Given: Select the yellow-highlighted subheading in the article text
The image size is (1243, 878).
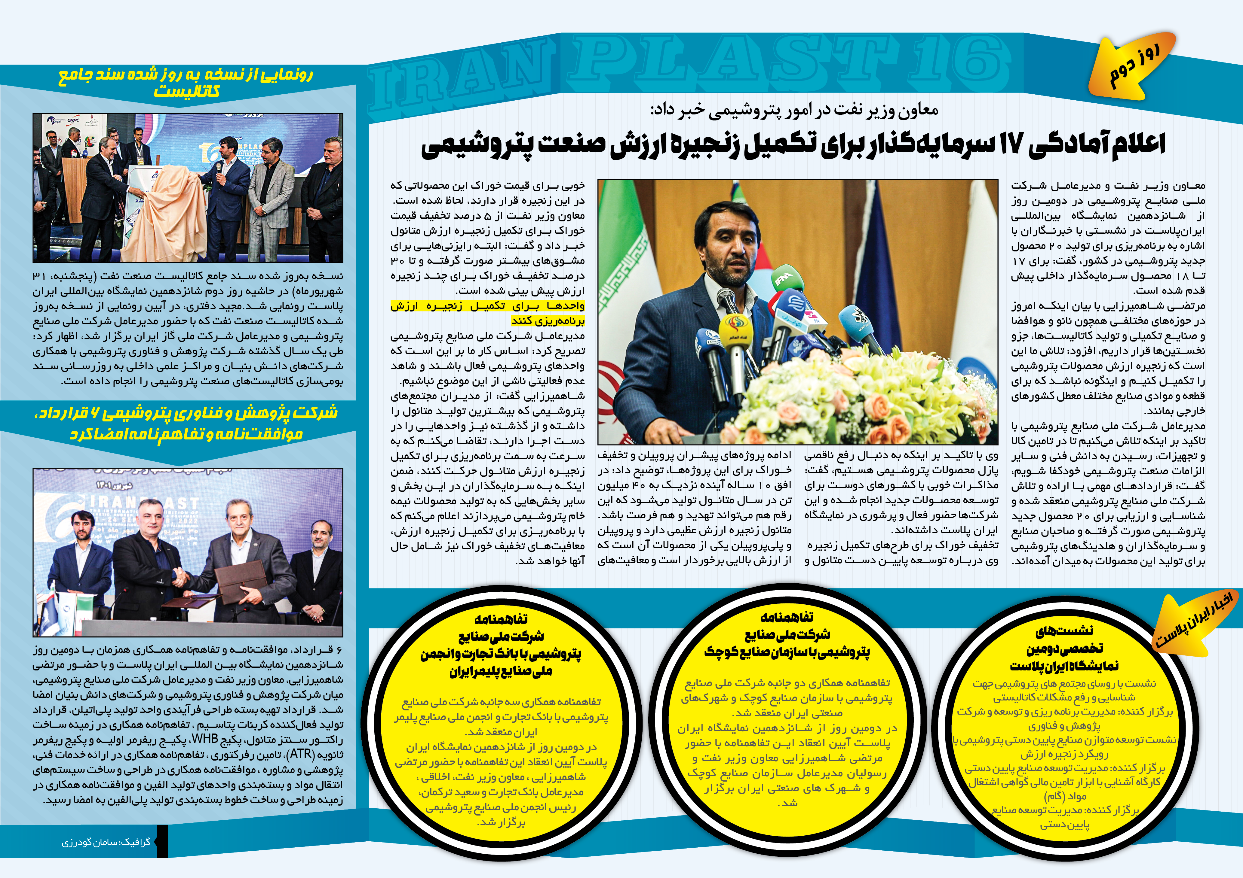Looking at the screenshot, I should coord(487,313).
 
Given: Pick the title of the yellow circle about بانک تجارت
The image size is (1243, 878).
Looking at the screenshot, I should coord(501,645).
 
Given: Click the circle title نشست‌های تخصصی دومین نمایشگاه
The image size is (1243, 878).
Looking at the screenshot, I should coord(1064,648).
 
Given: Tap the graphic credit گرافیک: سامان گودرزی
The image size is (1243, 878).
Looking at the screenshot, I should coord(106,842).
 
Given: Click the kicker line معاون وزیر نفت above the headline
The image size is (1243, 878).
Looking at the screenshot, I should coord(794,110).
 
